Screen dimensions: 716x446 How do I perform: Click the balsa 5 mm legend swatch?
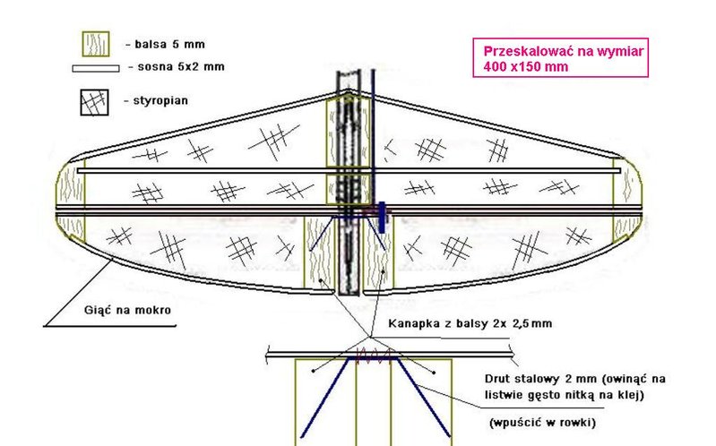pyautogui.click(x=96, y=44)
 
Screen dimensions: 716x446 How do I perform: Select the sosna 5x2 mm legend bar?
pyautogui.click(x=96, y=68)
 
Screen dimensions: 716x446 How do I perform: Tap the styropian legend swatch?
pyautogui.click(x=94, y=102)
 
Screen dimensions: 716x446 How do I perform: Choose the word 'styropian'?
pyautogui.click(x=160, y=100)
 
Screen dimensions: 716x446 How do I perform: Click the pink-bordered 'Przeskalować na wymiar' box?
pyautogui.click(x=560, y=57)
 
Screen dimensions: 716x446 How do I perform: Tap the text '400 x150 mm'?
pyautogui.click(x=526, y=66)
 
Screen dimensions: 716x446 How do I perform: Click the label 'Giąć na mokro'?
pyautogui.click(x=127, y=311)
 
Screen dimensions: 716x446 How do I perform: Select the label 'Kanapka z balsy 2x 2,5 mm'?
pyautogui.click(x=470, y=323)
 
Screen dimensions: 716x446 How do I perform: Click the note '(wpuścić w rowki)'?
pyautogui.click(x=542, y=423)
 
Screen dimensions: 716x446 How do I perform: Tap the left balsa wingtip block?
pyautogui.click(x=70, y=201)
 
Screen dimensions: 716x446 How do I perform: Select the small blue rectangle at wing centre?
pyautogui.click(x=382, y=218)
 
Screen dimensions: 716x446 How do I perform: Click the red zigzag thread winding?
pyautogui.click(x=375, y=354)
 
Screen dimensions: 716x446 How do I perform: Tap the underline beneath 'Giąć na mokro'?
pyautogui.click(x=109, y=326)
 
